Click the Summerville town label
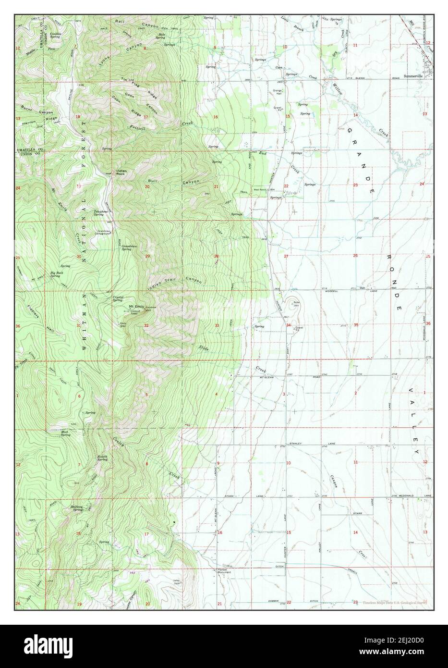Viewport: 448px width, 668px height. tap(413, 76)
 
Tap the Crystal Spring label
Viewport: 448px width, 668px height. tap(118, 298)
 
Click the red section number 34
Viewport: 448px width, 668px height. tap(289, 325)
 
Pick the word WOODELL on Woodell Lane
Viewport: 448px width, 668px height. tap(332, 291)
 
